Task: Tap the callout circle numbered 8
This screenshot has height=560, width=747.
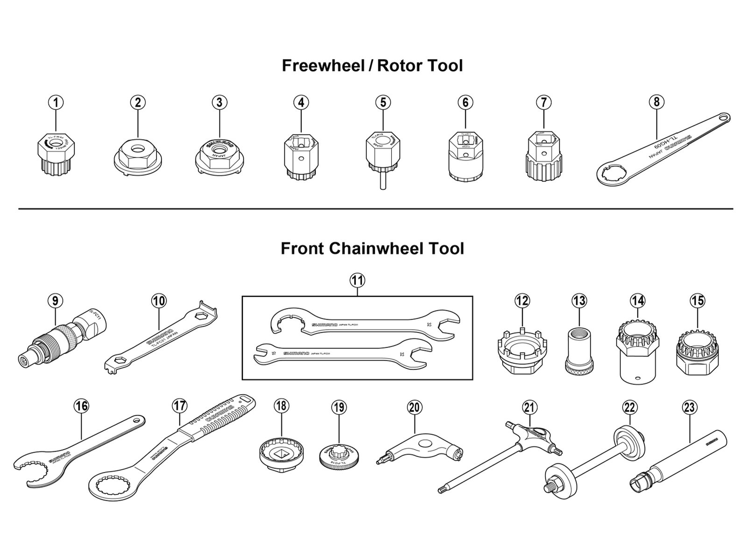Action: click(656, 102)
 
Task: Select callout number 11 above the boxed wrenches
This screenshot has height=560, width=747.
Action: click(358, 280)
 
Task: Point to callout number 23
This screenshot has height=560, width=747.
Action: click(689, 407)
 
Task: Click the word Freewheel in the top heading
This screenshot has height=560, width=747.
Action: click(322, 66)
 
